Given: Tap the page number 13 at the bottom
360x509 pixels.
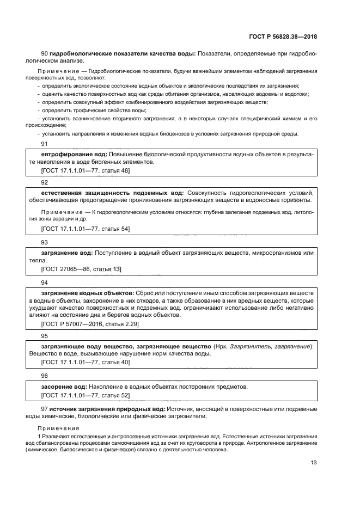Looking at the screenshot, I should pyautogui.click(x=313, y=463).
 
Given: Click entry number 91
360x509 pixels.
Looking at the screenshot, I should pyautogui.click(x=45, y=144).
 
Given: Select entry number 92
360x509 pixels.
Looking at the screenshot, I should pyautogui.click(x=45, y=182).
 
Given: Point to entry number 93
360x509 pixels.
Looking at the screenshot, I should pyautogui.click(x=45, y=242).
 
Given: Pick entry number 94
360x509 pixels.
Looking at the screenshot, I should pyautogui.click(x=45, y=283).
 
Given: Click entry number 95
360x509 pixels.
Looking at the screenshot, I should pyautogui.click(x=45, y=336).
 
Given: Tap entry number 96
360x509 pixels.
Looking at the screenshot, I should pyautogui.click(x=45, y=376).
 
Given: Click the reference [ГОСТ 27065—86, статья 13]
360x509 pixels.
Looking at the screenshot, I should pyautogui.click(x=81, y=269).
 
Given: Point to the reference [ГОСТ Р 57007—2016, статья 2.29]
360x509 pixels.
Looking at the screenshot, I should pyautogui.click(x=90, y=324).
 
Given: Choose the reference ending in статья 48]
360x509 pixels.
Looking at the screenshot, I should pyautogui.click(x=86, y=170).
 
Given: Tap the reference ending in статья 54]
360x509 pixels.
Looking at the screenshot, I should pyautogui.click(x=86, y=229).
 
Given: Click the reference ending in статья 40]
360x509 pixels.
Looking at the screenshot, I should pyautogui.click(x=86, y=362).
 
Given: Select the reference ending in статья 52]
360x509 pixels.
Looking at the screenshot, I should pyautogui.click(x=86, y=395).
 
